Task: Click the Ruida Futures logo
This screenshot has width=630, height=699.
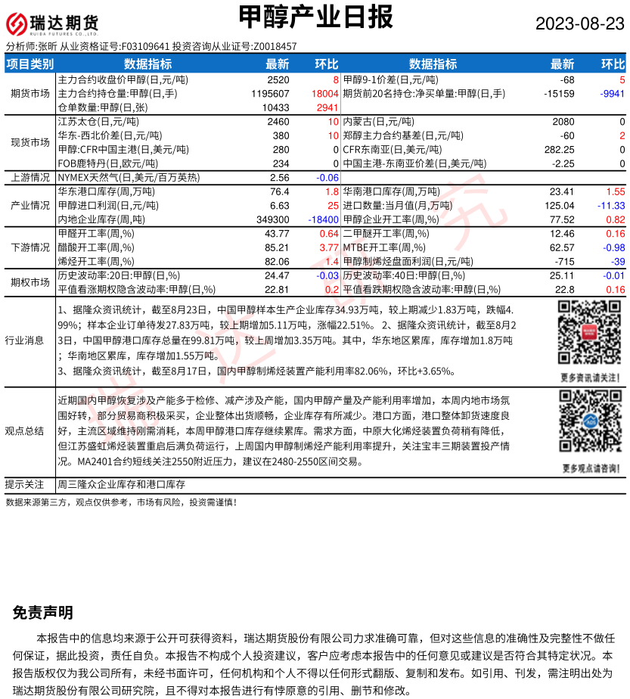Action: tap(53, 24)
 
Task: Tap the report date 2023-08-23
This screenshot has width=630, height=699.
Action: tap(580, 24)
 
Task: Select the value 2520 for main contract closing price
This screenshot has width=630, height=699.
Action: tap(278, 79)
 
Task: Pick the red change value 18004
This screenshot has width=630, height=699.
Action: tap(324, 94)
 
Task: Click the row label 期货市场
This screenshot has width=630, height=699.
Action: tap(30, 94)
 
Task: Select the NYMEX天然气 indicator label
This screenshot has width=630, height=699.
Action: tap(129, 178)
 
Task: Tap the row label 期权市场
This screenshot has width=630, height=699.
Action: tap(30, 282)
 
